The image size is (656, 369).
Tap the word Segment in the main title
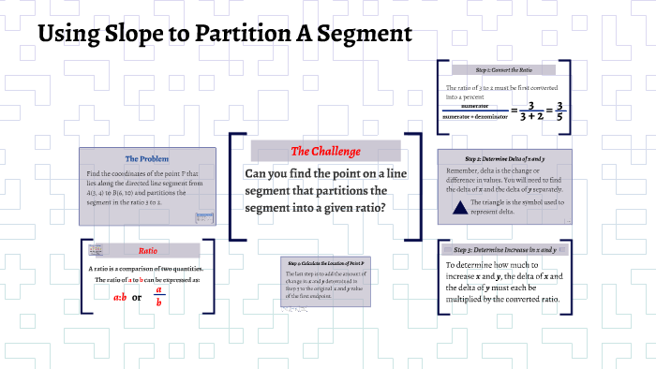pyautogui.click(x=364, y=36)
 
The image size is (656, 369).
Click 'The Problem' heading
pyautogui.click(x=146, y=158)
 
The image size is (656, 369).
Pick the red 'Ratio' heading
pyautogui.click(x=147, y=251)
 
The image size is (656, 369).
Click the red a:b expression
pyautogui.click(x=120, y=298)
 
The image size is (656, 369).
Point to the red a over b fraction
pyautogui.click(x=159, y=296)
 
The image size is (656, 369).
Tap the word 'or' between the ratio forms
pyautogui.click(x=137, y=298)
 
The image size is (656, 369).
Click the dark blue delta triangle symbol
pyautogui.click(x=460, y=207)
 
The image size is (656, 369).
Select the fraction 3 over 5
pyautogui.click(x=559, y=111)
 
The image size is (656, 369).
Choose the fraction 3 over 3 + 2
pyautogui.click(x=530, y=111)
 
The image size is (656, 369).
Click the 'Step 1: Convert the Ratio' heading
pyautogui.click(x=503, y=69)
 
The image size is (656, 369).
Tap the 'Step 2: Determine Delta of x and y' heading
pyautogui.click(x=504, y=159)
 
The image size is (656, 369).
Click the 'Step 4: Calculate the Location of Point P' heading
pyautogui.click(x=324, y=263)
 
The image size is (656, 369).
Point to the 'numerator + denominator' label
pyautogui.click(x=475, y=117)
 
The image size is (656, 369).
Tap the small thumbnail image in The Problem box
pyautogui.click(x=201, y=217)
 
